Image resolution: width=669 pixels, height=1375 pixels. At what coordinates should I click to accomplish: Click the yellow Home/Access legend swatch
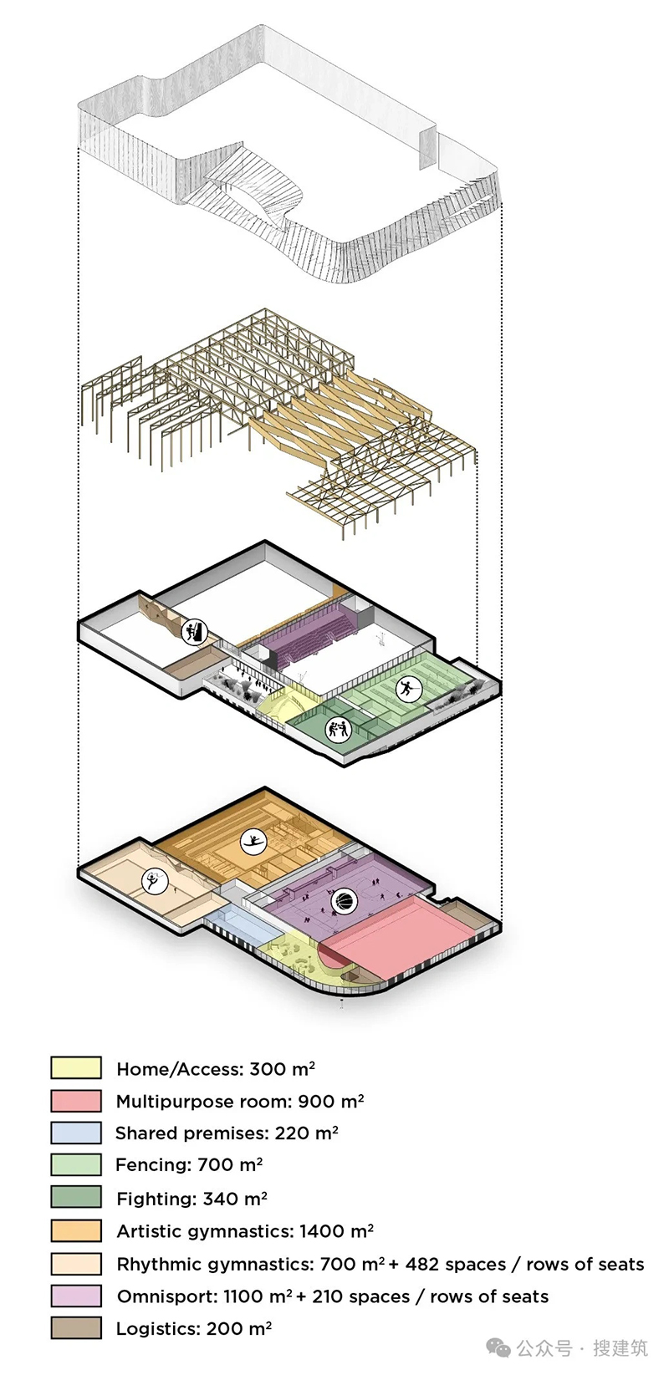tap(76, 1067)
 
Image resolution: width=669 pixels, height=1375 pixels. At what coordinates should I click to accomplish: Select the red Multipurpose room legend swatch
tap(76, 1101)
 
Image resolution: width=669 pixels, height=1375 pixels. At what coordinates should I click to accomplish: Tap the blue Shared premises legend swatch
tap(76, 1133)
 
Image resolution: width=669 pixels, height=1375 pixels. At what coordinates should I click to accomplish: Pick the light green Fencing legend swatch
tap(76, 1164)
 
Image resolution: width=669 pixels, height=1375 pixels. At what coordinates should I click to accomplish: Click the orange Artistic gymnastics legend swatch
tap(76, 1230)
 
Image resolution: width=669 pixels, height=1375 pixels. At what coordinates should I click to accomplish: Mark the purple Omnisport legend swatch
tap(76, 1296)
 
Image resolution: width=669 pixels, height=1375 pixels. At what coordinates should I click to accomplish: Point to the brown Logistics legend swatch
tap(76, 1328)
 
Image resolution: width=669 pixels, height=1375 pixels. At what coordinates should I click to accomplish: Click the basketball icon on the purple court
tap(344, 900)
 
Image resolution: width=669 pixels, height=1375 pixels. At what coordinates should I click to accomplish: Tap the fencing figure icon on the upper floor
tap(407, 689)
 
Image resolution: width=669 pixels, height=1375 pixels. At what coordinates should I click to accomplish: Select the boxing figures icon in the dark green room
tap(337, 729)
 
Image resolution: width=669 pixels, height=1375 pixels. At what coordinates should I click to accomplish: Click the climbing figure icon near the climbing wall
tap(194, 632)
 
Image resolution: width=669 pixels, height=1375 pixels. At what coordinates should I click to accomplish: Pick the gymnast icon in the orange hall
tap(253, 842)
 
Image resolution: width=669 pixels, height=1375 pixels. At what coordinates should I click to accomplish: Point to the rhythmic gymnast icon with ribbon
tap(154, 882)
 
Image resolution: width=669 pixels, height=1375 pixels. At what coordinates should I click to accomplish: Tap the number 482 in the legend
tap(421, 1264)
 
